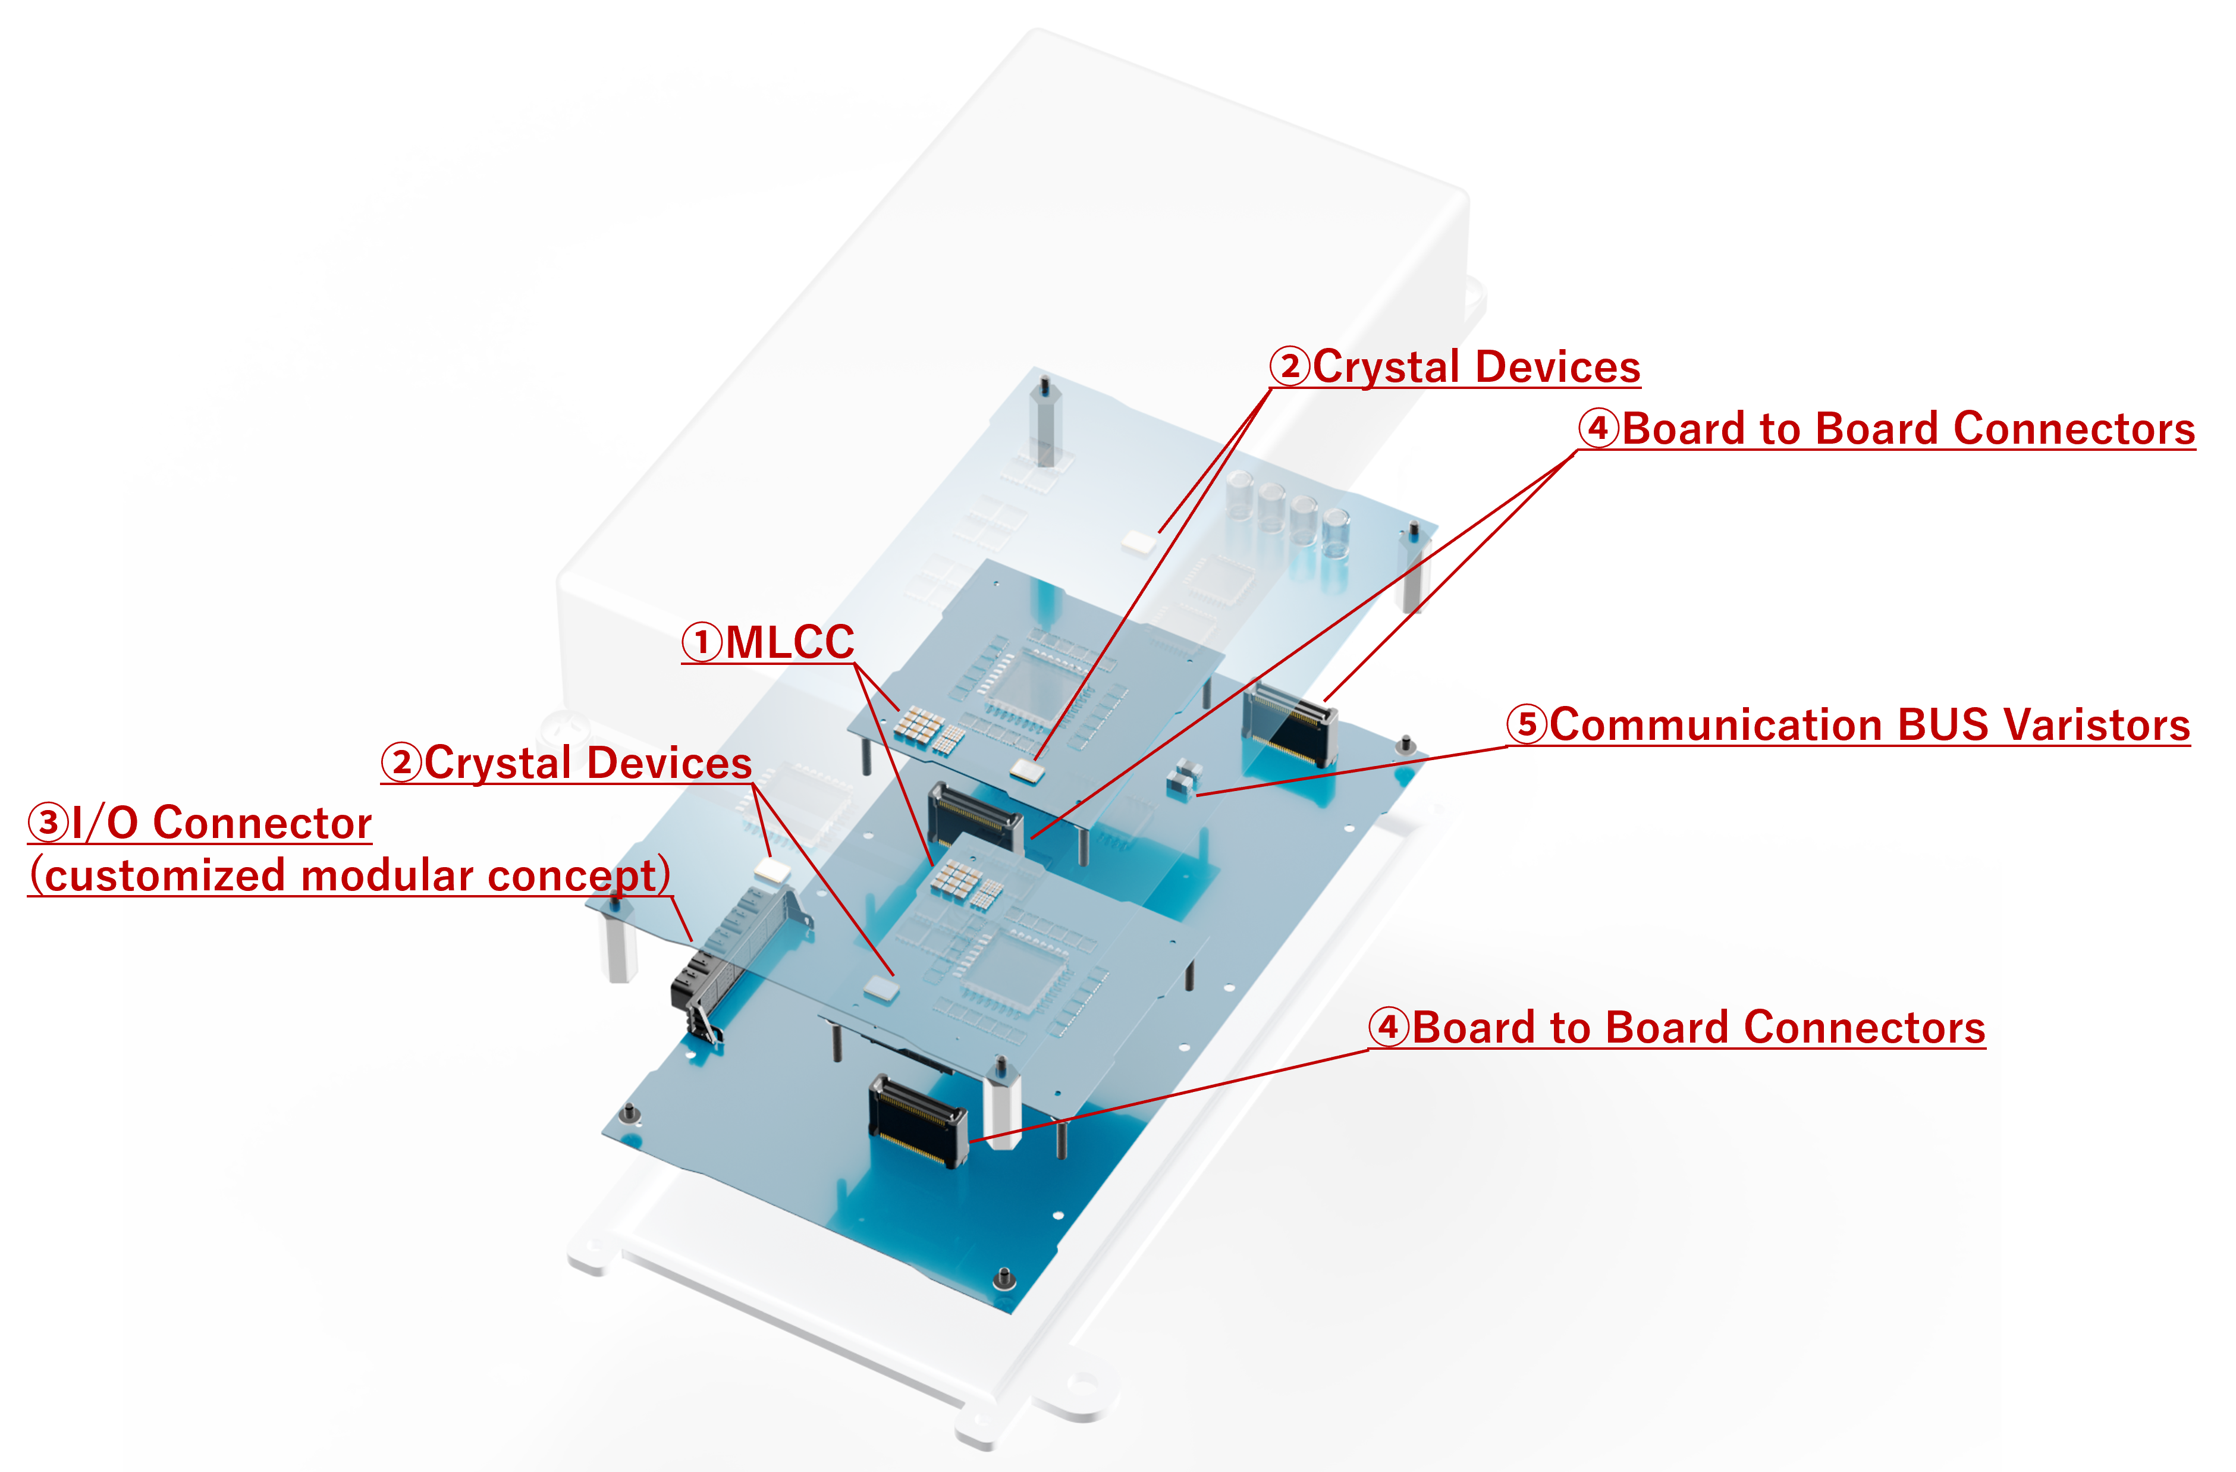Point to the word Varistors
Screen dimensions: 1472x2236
[x=2096, y=725]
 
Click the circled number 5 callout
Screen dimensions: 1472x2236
[x=1527, y=724]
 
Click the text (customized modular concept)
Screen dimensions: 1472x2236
[x=350, y=875]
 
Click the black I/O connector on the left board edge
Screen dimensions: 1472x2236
[x=700, y=986]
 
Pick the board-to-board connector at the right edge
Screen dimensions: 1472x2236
[x=1290, y=723]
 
